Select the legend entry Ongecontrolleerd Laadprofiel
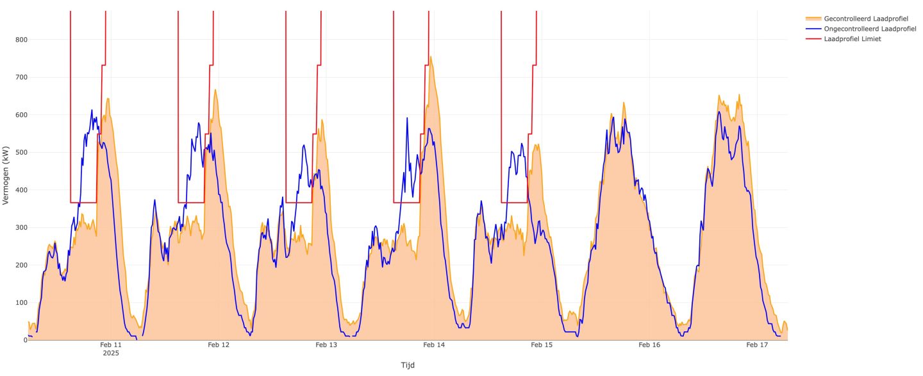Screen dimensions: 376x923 [x=861, y=29]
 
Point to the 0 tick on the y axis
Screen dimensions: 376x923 [x=23, y=340]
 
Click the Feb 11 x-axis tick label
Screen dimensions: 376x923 [x=110, y=345]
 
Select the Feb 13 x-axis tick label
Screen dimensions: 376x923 [x=326, y=345]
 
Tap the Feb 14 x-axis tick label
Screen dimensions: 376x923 [x=434, y=345]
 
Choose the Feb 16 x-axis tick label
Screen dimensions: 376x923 [x=649, y=345]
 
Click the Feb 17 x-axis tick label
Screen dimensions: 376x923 [x=757, y=345]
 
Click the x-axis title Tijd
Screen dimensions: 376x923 [x=408, y=365]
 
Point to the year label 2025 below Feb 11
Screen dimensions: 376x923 [x=110, y=354]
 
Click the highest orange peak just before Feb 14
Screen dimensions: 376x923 [x=430, y=56]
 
